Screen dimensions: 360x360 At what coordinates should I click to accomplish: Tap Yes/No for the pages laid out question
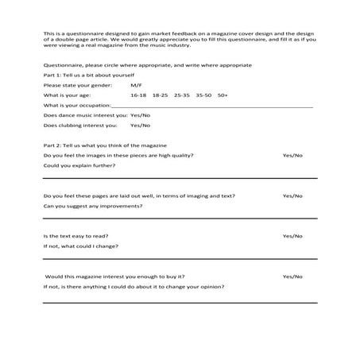[292, 195]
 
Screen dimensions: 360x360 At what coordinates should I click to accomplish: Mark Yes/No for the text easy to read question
[292, 236]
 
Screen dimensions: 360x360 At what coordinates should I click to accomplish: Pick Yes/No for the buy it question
[292, 277]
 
